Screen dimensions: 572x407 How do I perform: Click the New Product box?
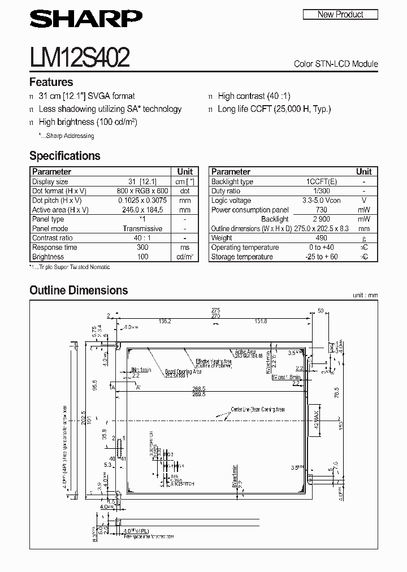[340, 15]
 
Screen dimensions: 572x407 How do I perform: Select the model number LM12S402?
[79, 57]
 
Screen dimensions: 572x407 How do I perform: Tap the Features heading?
[51, 82]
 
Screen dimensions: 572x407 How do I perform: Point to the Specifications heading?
[64, 156]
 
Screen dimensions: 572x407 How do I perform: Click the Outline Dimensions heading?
[79, 291]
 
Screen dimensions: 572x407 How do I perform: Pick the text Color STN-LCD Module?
[336, 64]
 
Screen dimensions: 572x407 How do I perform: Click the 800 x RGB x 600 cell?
[142, 191]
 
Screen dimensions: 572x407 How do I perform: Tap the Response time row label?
[55, 248]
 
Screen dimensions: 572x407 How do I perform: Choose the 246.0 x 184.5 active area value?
[142, 210]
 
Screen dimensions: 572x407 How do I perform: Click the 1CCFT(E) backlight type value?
[321, 181]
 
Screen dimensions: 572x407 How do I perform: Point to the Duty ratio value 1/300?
[321, 191]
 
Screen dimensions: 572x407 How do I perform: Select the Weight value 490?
[321, 238]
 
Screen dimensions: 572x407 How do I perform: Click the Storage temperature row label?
[242, 257]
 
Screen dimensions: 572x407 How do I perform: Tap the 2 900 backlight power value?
[321, 219]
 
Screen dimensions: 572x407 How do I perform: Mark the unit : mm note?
[365, 295]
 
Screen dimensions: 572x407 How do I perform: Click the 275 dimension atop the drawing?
[215, 310]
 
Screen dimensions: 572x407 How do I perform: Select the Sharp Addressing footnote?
[66, 136]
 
